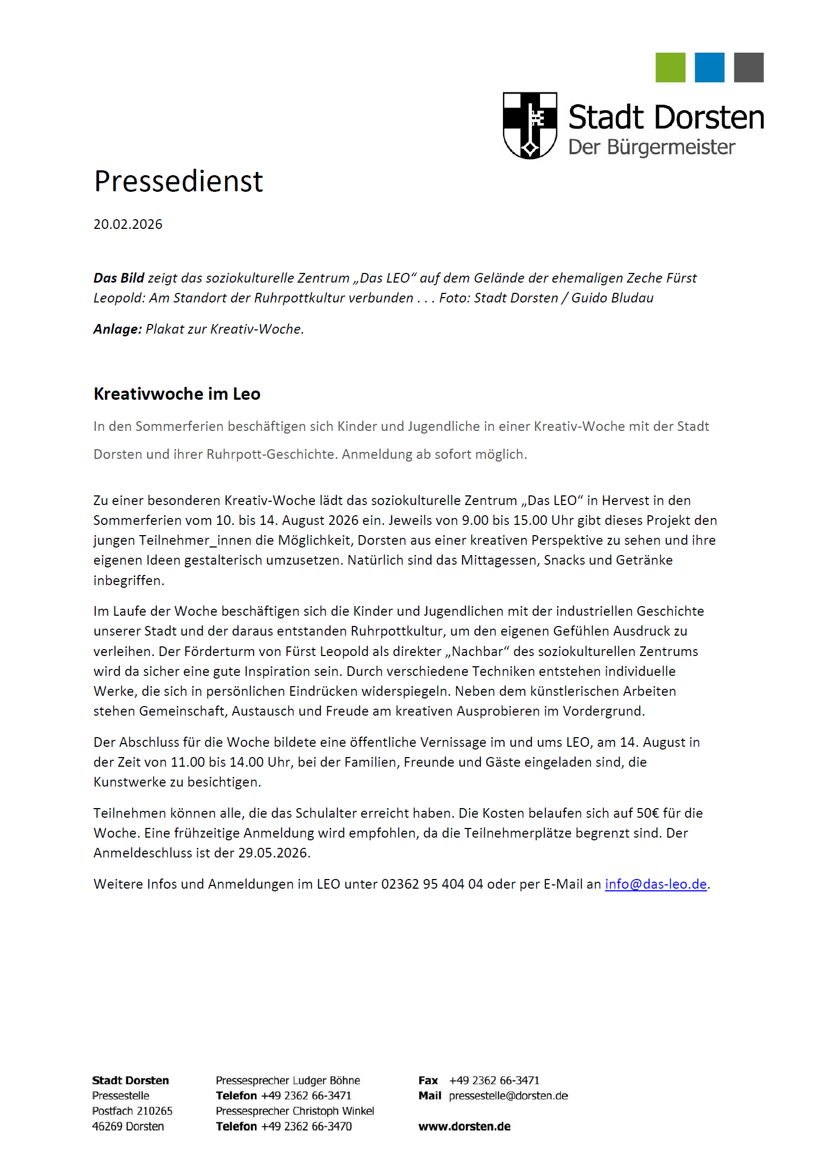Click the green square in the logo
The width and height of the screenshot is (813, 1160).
point(670,68)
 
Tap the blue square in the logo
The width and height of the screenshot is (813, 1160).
point(709,68)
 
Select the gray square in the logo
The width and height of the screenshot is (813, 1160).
point(749,68)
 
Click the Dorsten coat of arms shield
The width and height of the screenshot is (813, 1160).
point(530,125)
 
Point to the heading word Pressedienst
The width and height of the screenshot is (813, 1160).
point(178,181)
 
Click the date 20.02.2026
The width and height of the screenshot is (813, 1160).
point(128,225)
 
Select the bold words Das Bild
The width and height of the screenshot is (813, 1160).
point(119,278)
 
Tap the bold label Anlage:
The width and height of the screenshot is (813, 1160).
point(117,329)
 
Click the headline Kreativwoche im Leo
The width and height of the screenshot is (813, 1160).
point(177,394)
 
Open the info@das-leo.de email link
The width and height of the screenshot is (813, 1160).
point(656,884)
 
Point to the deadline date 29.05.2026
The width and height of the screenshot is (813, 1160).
point(274,853)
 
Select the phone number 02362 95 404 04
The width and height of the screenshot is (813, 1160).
point(432,884)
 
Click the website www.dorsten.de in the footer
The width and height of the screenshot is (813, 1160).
point(464,1126)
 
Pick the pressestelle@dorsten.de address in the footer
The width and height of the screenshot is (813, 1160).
point(508,1096)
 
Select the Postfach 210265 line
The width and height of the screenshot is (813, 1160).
point(132,1111)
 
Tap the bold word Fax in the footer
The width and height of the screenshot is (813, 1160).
point(428,1080)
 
